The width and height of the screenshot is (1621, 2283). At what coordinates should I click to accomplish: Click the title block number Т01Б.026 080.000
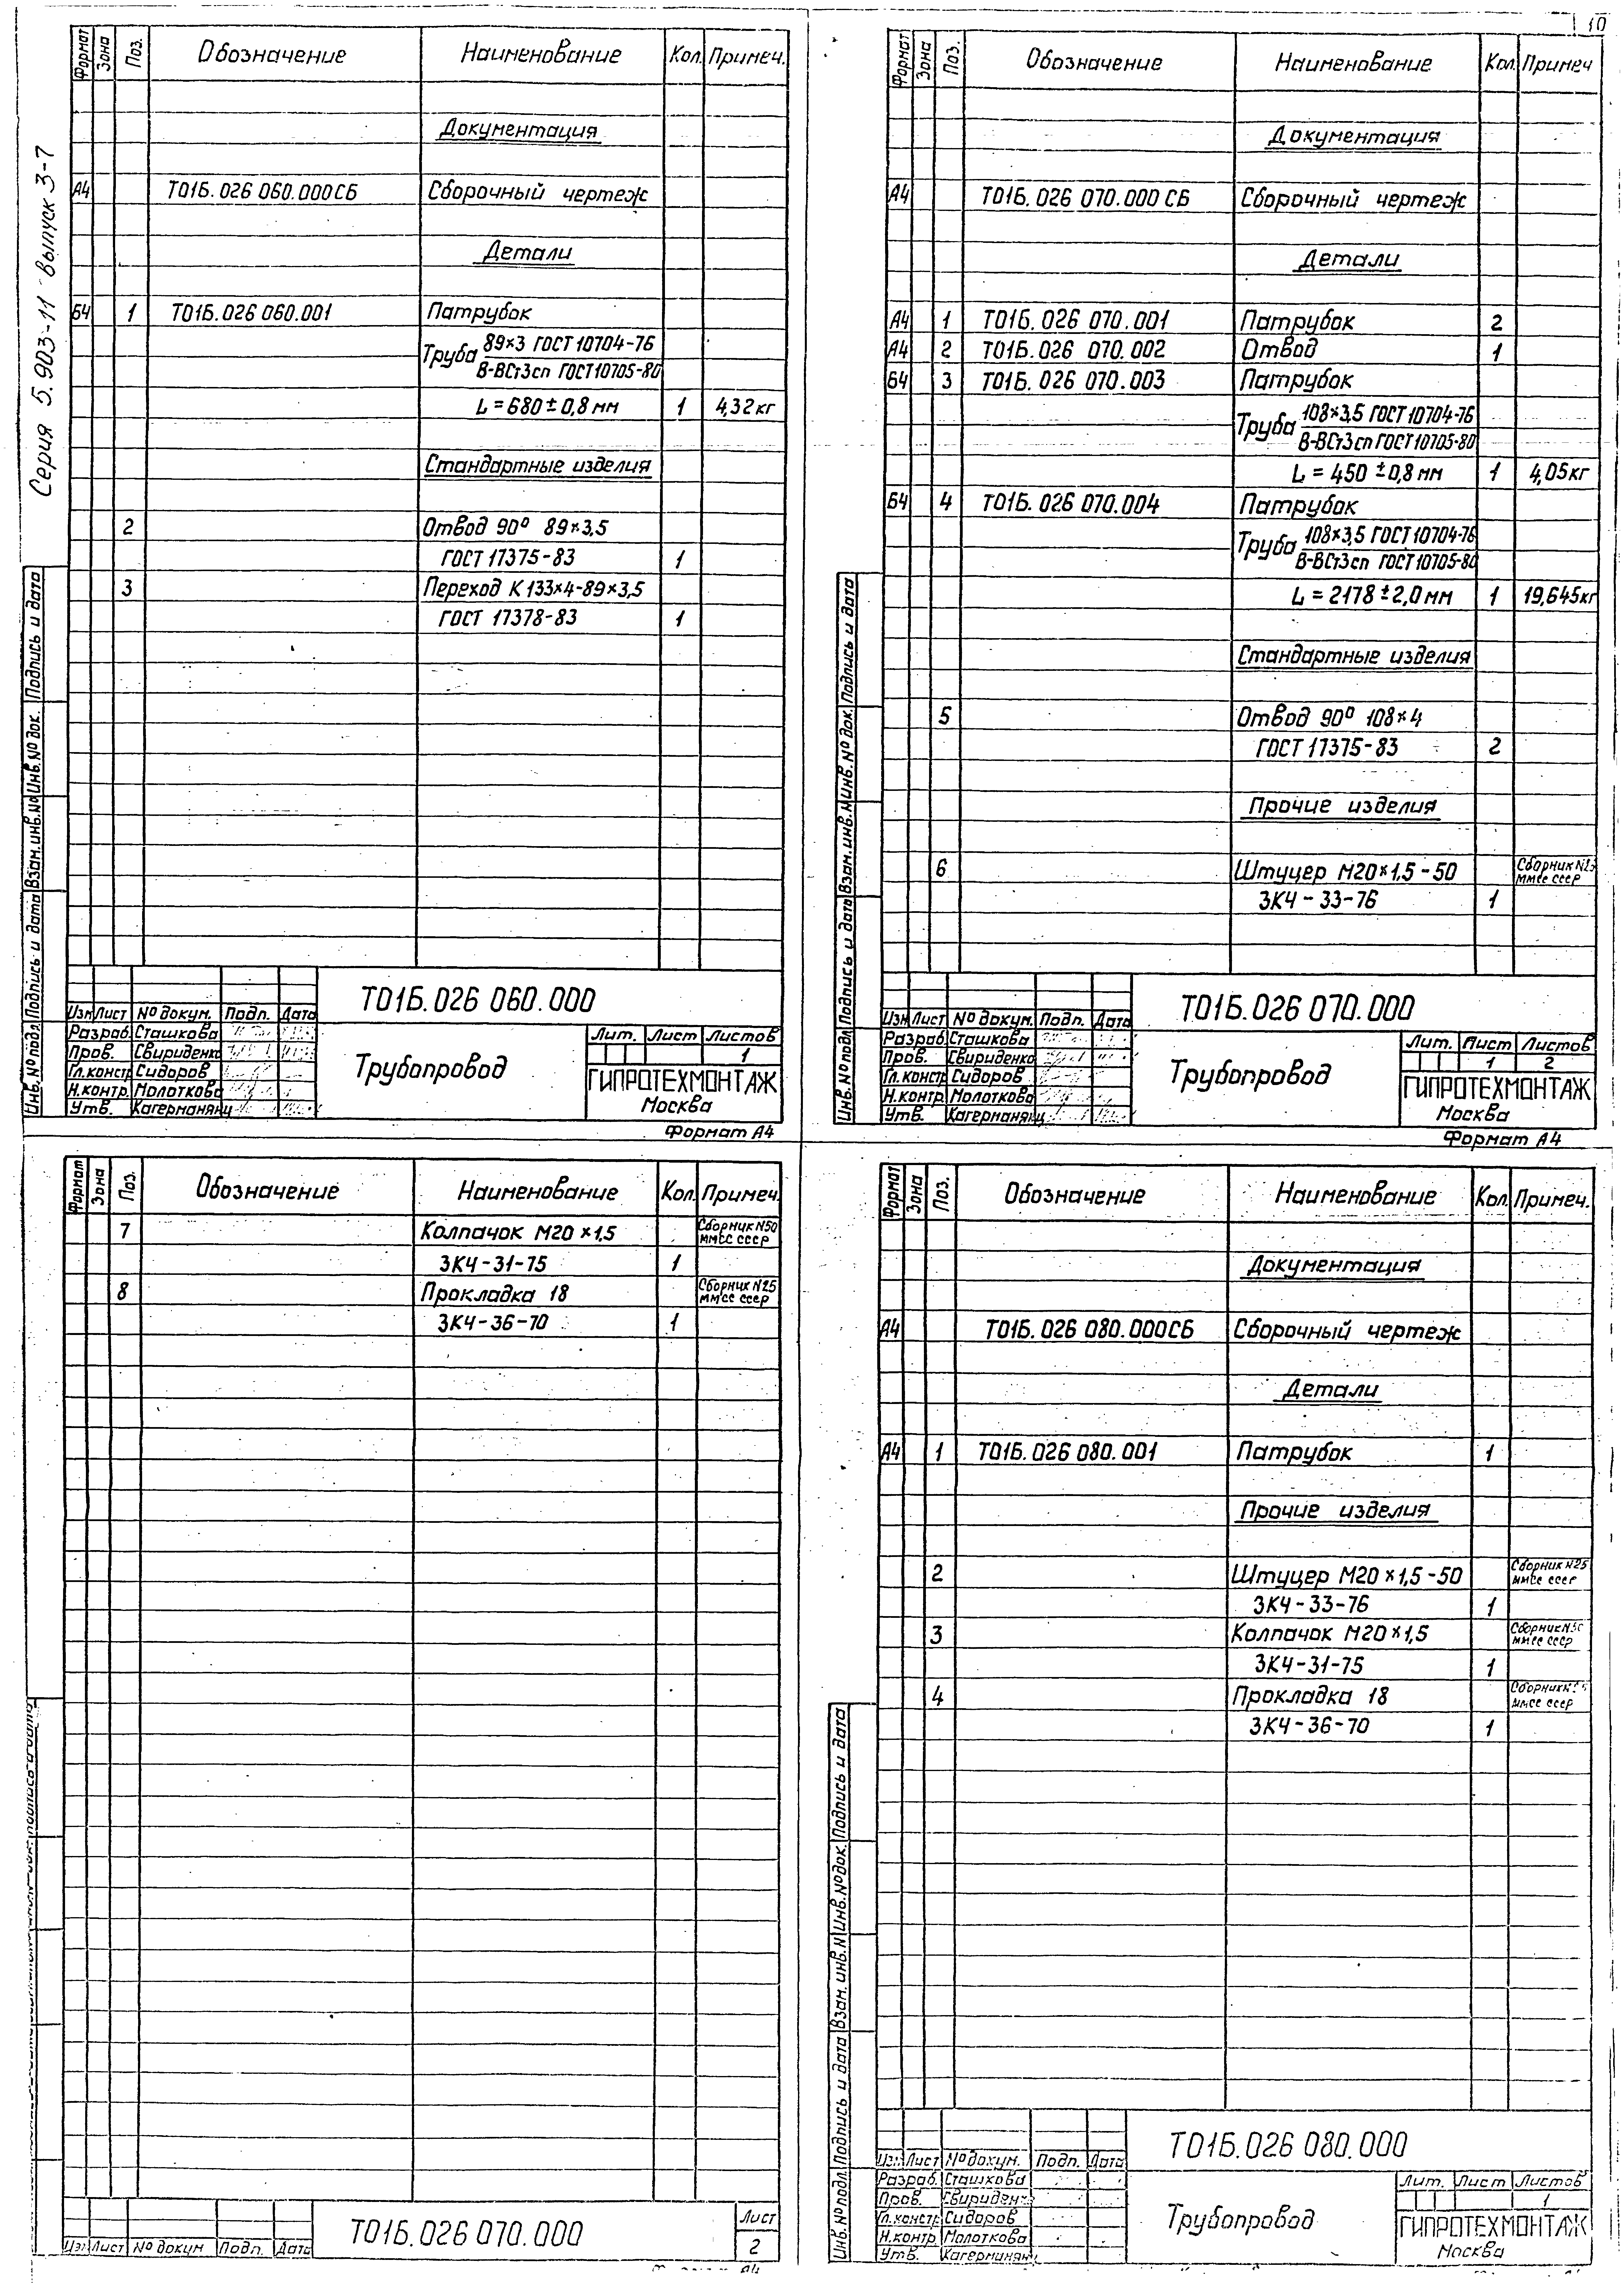click(1288, 2143)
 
